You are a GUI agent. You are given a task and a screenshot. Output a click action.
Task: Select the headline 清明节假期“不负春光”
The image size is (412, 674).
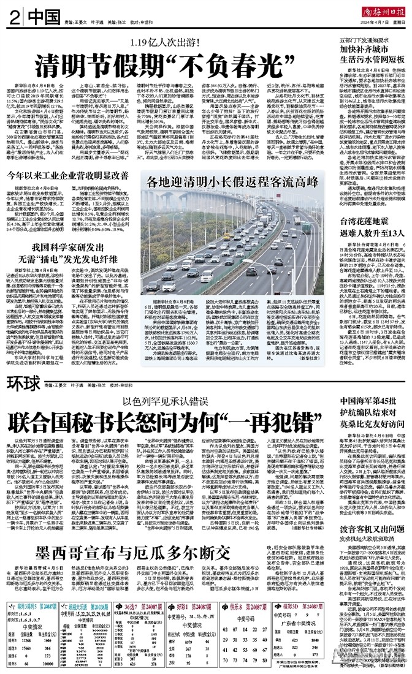[x=162, y=64]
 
